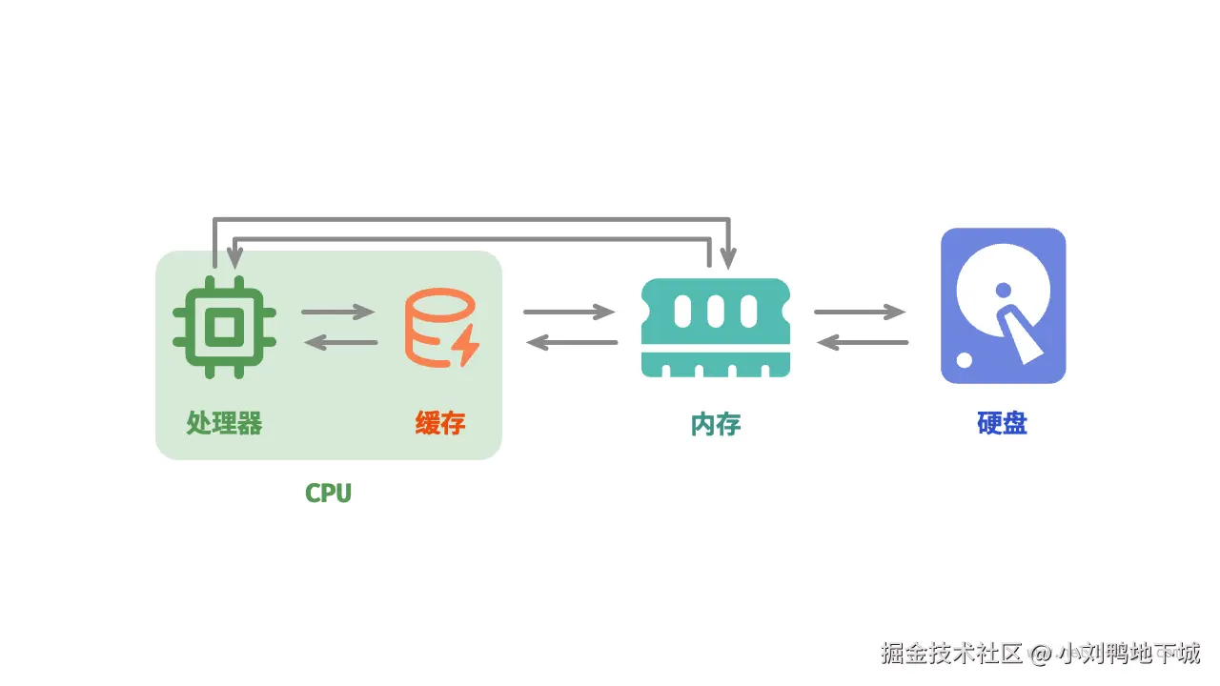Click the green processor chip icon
coord(224,327)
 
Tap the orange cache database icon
coord(441,328)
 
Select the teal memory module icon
coord(716,328)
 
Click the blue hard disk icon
coord(1004,306)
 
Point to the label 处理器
coord(224,423)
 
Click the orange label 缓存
coord(440,423)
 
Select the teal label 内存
coord(716,424)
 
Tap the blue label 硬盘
coord(1002,423)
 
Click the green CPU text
coord(329,494)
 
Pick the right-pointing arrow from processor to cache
coord(338,312)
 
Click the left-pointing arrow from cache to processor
coord(340,342)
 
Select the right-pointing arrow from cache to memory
coord(569,312)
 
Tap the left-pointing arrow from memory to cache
coord(572,342)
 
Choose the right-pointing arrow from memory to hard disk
coord(860,312)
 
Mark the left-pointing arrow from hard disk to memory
coord(863,342)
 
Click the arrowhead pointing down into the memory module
coord(728,258)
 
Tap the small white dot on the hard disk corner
coord(964,360)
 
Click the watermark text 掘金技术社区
coord(951,654)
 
